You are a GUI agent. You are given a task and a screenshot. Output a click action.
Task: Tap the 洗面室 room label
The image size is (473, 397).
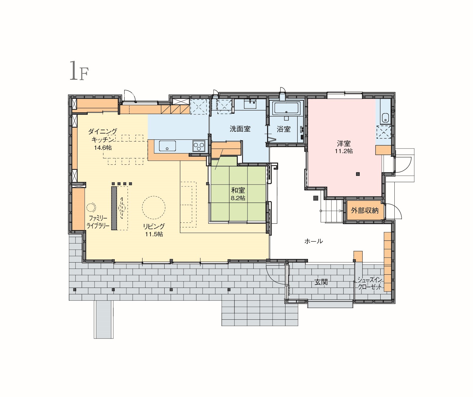pyautogui.click(x=240, y=129)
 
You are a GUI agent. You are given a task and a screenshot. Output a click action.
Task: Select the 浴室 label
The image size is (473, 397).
pyautogui.click(x=284, y=129)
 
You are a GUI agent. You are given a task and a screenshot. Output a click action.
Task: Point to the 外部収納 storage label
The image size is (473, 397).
pyautogui.click(x=365, y=211)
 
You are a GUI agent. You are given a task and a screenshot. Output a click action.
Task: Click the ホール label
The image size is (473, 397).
pyautogui.click(x=314, y=241)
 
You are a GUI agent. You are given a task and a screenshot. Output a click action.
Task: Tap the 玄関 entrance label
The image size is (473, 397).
pyautogui.click(x=321, y=282)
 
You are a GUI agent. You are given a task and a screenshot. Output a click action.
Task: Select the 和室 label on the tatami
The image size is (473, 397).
pyautogui.click(x=238, y=190)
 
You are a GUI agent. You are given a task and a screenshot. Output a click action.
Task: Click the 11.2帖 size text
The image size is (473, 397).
pyautogui.click(x=344, y=151)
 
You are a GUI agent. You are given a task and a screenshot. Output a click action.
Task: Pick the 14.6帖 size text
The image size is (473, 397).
pyautogui.click(x=103, y=148)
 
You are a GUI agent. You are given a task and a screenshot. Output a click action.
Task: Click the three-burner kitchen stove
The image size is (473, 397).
pyautogui.click(x=199, y=146)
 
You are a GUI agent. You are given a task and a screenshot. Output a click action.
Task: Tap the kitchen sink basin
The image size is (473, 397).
pyautogui.click(x=167, y=146)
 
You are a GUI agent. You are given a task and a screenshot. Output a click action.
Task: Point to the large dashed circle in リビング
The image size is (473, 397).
pyautogui.click(x=154, y=207)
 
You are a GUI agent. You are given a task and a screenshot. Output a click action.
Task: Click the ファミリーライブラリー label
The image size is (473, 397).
pyautogui.click(x=98, y=222)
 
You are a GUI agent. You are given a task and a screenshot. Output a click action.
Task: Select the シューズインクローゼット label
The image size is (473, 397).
pyautogui.click(x=370, y=283)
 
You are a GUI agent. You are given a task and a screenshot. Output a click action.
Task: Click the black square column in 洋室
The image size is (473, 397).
pyautogui.click(x=358, y=174)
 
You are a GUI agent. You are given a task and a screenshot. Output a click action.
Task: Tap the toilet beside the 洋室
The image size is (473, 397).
pyautogui.click(x=385, y=117)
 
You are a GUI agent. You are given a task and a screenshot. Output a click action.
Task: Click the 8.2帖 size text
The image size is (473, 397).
pyautogui.click(x=238, y=198)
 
